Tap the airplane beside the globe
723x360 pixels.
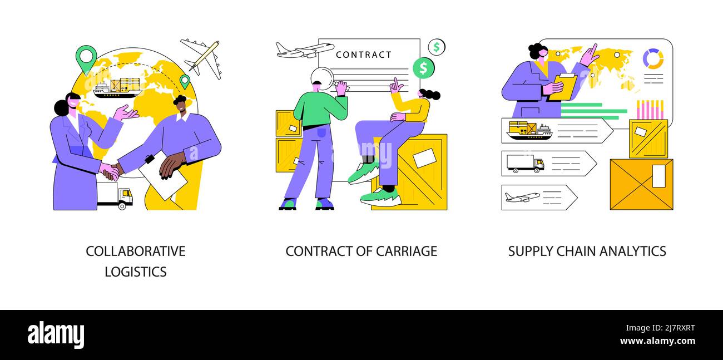pyautogui.click(x=201, y=58)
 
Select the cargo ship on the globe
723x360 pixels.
pyautogui.click(x=117, y=88)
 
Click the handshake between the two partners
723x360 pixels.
pyautogui.click(x=111, y=171)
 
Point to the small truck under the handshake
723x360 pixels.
pyautogui.click(x=115, y=195)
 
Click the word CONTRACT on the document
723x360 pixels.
pyautogui.click(x=364, y=55)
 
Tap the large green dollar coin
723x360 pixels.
pyautogui.click(x=423, y=68)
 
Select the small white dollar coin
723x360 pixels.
pyautogui.click(x=437, y=47)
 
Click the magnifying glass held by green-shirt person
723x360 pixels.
pyautogui.click(x=322, y=78)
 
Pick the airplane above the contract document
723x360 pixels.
pyautogui.click(x=304, y=50)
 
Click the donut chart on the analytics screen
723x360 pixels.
pyautogui.click(x=652, y=58)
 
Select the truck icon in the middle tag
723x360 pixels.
pyautogui.click(x=524, y=164)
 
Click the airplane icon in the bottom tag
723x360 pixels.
pyautogui.click(x=522, y=197)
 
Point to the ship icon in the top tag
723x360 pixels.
pyautogui.click(x=529, y=131)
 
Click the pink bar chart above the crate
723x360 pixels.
pyautogui.click(x=649, y=110)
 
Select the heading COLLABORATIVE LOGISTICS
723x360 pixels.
pyautogui.click(x=136, y=261)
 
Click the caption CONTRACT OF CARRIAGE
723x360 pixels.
pyautogui.click(x=361, y=251)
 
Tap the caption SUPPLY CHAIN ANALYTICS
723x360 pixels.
pyautogui.click(x=587, y=251)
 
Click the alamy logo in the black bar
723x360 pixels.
pyautogui.click(x=56, y=335)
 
